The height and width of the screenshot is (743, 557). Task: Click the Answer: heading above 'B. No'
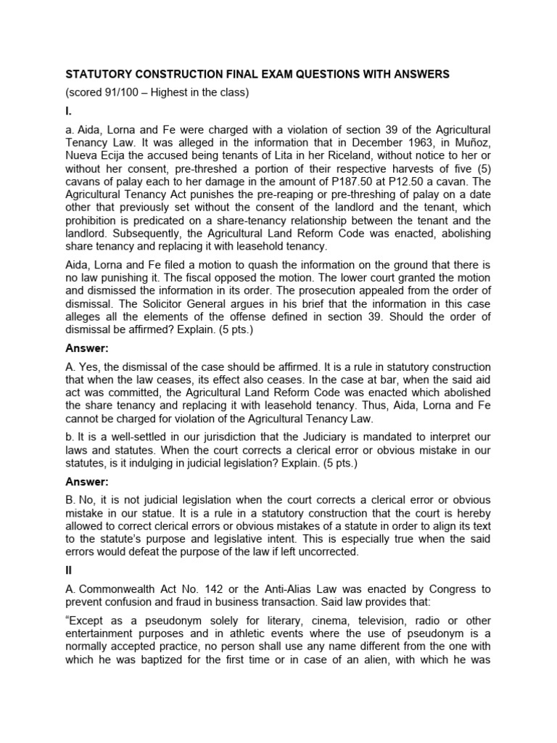click(x=88, y=482)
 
